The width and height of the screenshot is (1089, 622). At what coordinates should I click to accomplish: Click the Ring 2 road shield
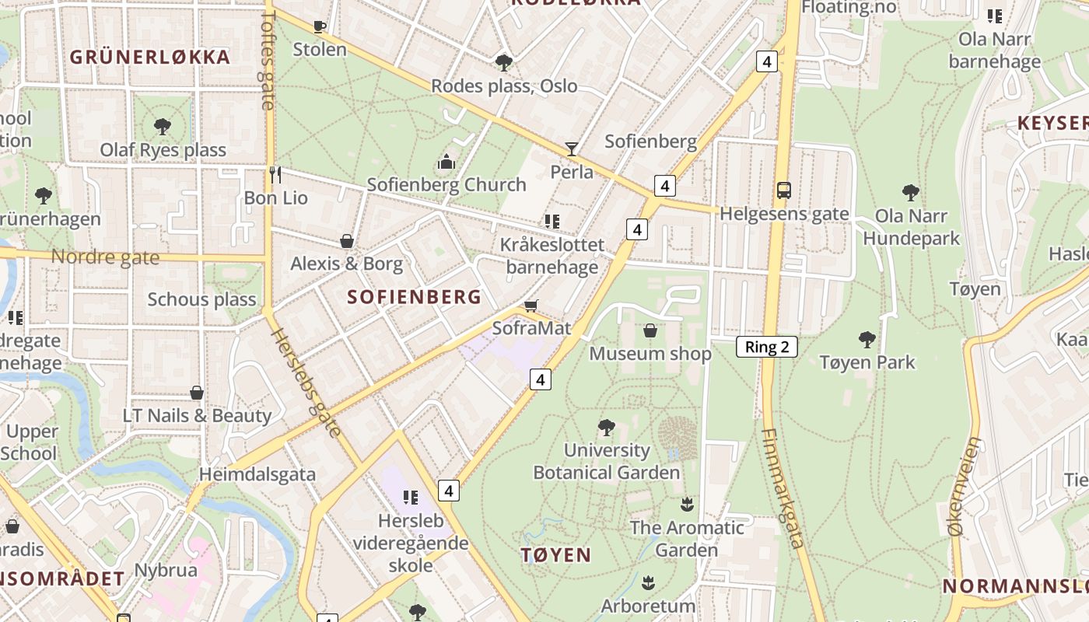coord(767,347)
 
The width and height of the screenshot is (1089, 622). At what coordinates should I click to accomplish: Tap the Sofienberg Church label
coord(446,185)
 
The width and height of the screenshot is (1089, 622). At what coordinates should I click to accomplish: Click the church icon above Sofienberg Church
coord(446,162)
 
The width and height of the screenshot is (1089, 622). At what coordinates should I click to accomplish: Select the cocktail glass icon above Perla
coord(572,149)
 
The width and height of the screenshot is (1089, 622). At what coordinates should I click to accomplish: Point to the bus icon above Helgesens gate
coord(784,190)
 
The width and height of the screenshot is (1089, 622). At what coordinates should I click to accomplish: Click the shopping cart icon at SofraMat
coord(531,306)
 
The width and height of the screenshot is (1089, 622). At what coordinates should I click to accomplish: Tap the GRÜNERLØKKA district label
coord(150,57)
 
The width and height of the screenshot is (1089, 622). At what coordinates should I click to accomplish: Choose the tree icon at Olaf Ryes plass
coord(163,126)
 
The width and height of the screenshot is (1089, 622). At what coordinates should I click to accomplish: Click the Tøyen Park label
coord(867,362)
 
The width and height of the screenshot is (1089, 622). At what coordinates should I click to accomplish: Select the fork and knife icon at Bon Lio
coord(275,174)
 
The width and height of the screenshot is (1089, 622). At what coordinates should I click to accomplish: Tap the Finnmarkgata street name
coord(783,488)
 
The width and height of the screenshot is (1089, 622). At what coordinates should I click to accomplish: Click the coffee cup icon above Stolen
coord(319,26)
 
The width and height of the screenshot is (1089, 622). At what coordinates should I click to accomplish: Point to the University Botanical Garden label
coord(606,461)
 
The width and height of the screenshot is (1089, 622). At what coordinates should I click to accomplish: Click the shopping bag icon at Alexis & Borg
coord(347,241)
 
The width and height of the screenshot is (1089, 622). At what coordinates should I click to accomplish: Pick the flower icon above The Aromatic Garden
coord(686,504)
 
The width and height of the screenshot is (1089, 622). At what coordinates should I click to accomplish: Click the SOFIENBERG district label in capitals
coord(414,297)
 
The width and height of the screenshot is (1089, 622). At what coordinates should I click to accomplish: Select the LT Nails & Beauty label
coord(197,416)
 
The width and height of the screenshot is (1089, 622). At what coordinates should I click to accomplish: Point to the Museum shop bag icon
coord(650,331)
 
